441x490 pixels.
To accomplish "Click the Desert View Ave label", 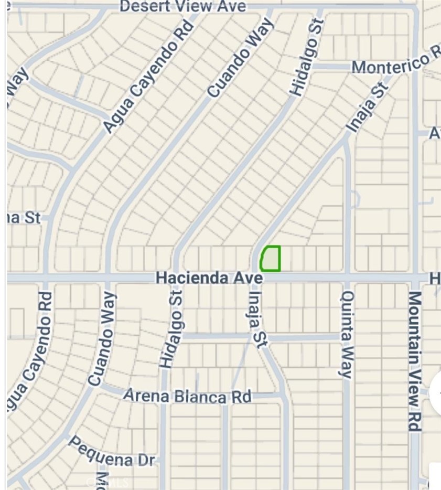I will coord(182,7).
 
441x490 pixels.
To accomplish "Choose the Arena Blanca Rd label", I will coord(187,396).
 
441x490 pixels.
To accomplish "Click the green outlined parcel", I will coord(271,259).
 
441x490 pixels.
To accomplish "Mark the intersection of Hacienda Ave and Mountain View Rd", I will coord(415,277).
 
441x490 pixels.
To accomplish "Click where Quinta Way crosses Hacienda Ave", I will coord(347,277).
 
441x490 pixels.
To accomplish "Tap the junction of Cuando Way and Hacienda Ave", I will coord(108,277).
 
